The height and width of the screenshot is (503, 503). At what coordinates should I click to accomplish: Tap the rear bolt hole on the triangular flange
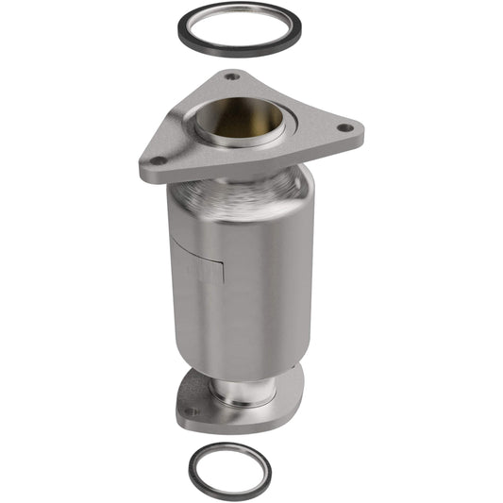(x=231, y=76)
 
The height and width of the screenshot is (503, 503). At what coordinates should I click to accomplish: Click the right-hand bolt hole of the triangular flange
(x=344, y=126)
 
